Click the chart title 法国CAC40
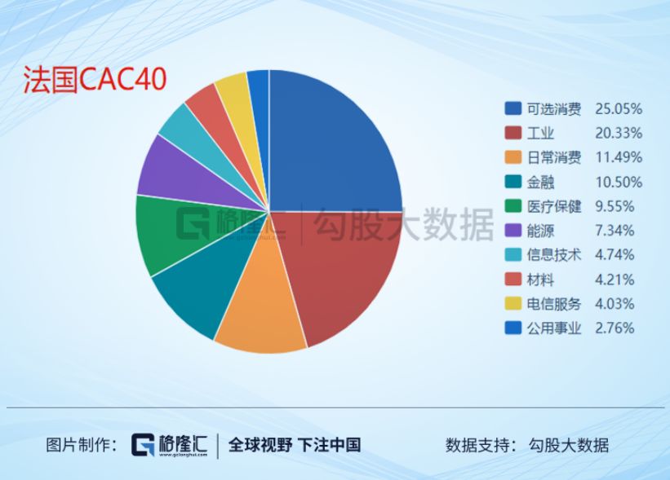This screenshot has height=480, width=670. click(95, 79)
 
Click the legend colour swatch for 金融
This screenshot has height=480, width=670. click(512, 182)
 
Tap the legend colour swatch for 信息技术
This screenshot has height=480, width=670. click(512, 255)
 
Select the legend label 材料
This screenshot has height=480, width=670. click(540, 280)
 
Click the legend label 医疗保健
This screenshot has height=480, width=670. click(554, 206)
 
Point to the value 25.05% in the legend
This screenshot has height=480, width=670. click(619, 109)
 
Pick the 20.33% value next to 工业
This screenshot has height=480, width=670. click(619, 133)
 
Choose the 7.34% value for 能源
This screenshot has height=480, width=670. click(615, 231)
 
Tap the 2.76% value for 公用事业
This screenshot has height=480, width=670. click(615, 328)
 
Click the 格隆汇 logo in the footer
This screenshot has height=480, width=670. click(170, 445)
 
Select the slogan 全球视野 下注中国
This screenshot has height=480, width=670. click(295, 445)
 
